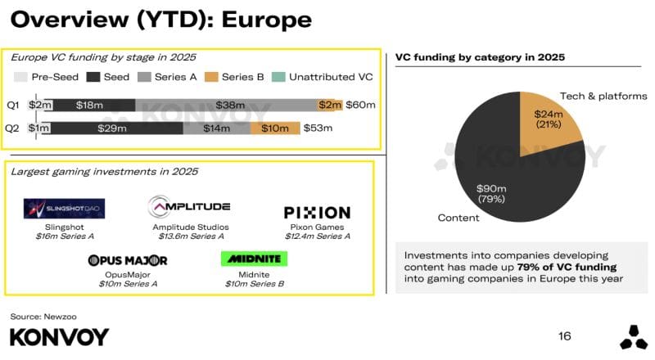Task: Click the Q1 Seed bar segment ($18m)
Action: tap(93, 106)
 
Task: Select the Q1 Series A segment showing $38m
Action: tap(226, 106)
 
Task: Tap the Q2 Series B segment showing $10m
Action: tap(275, 128)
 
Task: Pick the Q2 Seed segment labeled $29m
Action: tap(116, 128)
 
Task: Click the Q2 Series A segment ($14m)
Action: tap(217, 128)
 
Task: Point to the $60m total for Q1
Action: tap(360, 105)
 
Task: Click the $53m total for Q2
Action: tap(318, 128)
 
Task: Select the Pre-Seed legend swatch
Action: tap(20, 77)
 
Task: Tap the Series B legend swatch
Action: tap(211, 77)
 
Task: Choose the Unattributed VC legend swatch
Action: tap(278, 77)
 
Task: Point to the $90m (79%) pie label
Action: tap(491, 194)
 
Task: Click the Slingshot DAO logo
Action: tap(65, 209)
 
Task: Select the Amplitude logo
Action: tap(189, 206)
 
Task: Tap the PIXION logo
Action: tap(317, 213)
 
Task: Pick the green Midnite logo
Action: tap(254, 259)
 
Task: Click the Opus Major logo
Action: tap(128, 261)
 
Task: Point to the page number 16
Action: tap(564, 336)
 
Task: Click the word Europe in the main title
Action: tap(267, 20)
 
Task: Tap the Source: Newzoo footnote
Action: tap(43, 317)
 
